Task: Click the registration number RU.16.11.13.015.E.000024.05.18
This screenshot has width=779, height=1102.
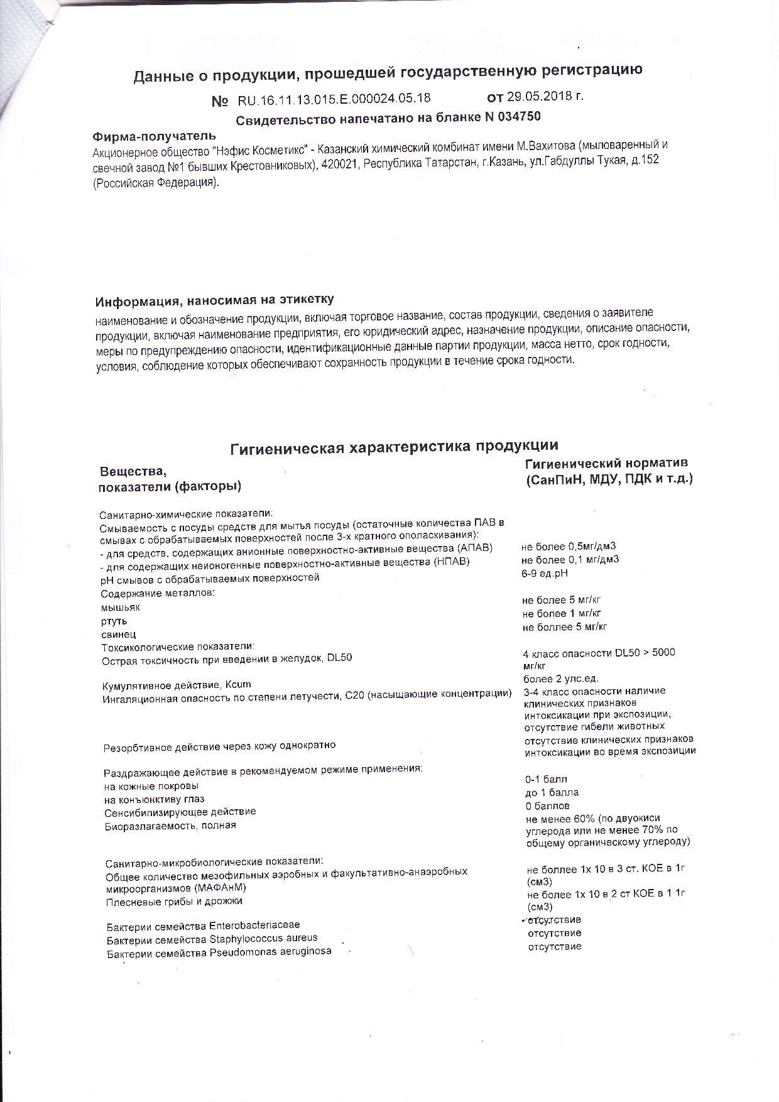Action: coord(334,99)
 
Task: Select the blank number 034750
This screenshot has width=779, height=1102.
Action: coord(520,117)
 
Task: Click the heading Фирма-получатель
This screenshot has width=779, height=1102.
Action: coord(154,136)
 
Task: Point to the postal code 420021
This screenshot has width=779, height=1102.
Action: coord(338,165)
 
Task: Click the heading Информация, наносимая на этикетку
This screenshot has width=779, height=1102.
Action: coord(214,299)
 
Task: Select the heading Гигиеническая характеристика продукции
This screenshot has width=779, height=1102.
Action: coord(394,446)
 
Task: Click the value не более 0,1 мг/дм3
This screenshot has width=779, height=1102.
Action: coord(570,560)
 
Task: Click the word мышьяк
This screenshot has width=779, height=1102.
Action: coord(121,608)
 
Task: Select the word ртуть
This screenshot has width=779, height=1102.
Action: coord(114,621)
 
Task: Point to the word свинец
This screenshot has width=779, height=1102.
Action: coord(119,635)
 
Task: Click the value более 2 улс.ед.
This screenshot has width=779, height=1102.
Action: coord(561,679)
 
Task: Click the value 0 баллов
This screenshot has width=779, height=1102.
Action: coord(547,806)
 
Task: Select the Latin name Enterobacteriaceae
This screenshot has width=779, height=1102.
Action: coord(254,925)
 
